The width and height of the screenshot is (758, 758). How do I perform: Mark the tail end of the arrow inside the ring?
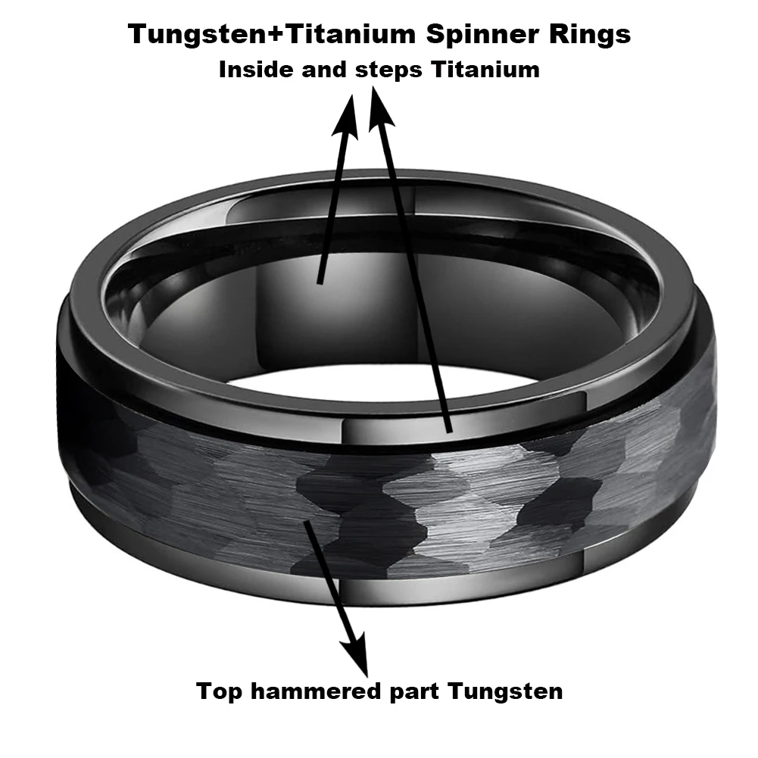[x=321, y=281]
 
